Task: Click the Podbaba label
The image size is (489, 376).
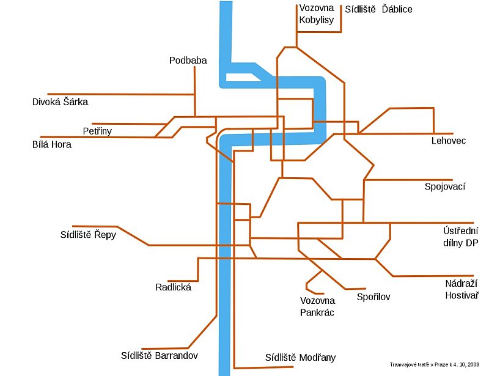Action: (x=188, y=61)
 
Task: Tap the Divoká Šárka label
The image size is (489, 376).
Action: (x=60, y=101)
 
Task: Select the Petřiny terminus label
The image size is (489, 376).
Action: (x=97, y=131)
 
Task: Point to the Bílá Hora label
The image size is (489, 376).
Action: (x=52, y=144)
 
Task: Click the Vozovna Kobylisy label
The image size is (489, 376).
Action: (x=317, y=13)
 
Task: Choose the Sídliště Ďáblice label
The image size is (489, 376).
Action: (x=378, y=9)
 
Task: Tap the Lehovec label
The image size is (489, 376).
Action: (x=449, y=141)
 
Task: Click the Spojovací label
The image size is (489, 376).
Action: (x=445, y=186)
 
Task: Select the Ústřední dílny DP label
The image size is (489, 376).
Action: (x=461, y=237)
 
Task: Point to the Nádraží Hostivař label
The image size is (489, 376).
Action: (x=462, y=289)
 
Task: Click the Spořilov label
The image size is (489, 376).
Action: (x=373, y=297)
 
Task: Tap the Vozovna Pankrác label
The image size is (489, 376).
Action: (x=317, y=306)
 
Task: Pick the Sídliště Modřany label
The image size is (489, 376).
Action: (x=300, y=358)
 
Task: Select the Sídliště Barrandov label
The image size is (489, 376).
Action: (x=160, y=355)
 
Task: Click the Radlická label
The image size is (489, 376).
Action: (x=174, y=287)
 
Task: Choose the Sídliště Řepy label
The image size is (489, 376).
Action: (x=88, y=235)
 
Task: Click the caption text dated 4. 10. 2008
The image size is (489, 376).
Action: (x=435, y=364)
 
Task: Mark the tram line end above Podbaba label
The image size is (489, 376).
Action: (x=194, y=67)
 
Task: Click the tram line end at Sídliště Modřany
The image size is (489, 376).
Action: (x=293, y=367)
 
